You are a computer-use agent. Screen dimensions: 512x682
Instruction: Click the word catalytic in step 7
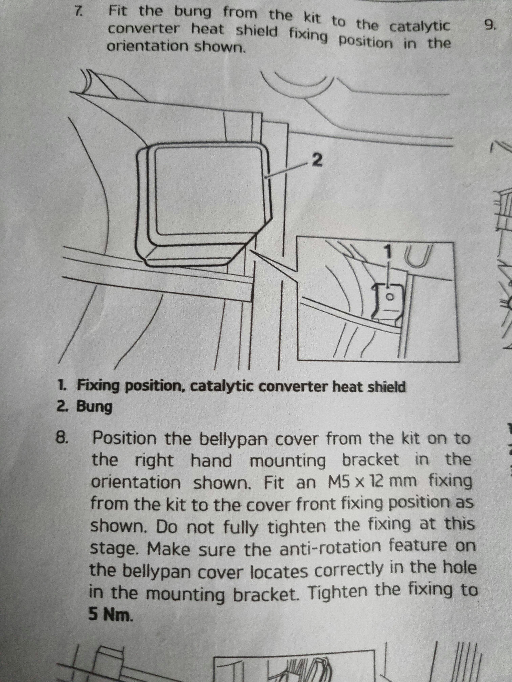[419, 27]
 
